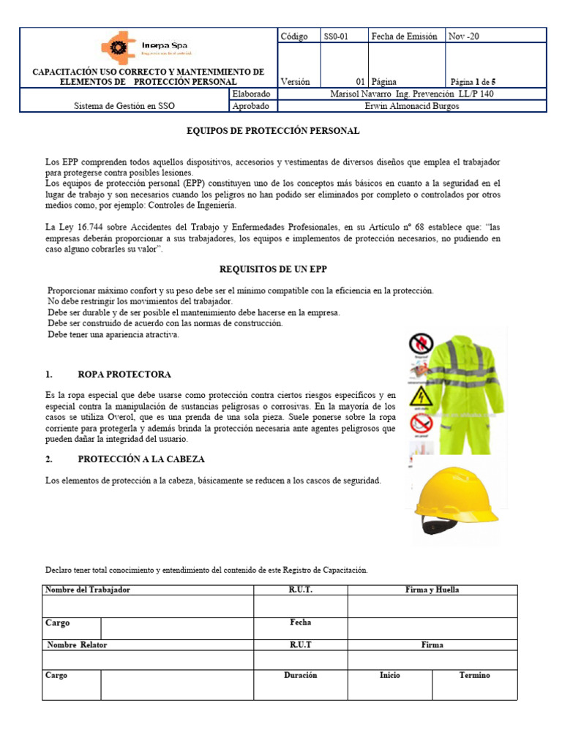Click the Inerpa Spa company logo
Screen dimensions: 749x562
(144, 48)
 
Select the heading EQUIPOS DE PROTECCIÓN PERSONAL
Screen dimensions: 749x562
(273, 131)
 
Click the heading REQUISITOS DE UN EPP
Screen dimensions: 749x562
(272, 270)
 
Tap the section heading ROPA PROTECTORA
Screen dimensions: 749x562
(124, 374)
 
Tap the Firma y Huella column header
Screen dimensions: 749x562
(432, 590)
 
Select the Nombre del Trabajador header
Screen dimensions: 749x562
(88, 590)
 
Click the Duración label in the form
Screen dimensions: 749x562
(300, 675)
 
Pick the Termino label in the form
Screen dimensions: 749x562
(474, 675)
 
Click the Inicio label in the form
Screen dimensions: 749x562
(389, 675)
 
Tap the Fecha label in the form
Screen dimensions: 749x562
(300, 622)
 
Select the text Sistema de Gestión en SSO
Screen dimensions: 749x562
(124, 106)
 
